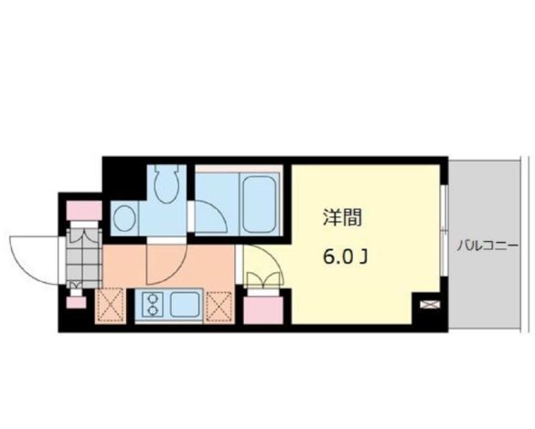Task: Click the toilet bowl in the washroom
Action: (166, 188)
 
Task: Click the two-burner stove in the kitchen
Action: (150, 303)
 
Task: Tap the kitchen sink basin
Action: (187, 303)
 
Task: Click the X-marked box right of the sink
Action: (221, 305)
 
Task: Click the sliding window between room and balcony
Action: (444, 237)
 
